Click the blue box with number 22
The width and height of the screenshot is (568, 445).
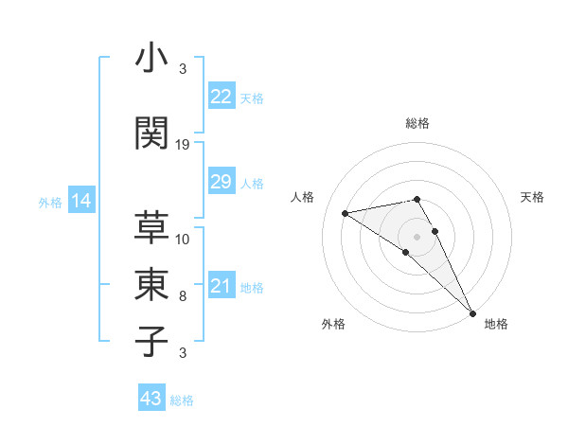pyautogui.click(x=222, y=97)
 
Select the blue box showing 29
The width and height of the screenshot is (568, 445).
pyautogui.click(x=222, y=183)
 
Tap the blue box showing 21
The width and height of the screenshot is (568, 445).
pyautogui.click(x=222, y=287)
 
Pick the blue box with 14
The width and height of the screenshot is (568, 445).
pyautogui.click(x=80, y=201)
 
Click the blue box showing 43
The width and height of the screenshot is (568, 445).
pyautogui.click(x=151, y=399)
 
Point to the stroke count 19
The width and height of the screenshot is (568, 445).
pyautogui.click(x=183, y=145)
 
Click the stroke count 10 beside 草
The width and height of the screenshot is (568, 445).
pyautogui.click(x=183, y=239)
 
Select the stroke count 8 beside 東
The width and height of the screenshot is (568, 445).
pyautogui.click(x=183, y=296)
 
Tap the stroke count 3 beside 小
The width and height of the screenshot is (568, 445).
pyautogui.click(x=183, y=68)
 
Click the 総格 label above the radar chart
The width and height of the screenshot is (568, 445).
pyautogui.click(x=417, y=123)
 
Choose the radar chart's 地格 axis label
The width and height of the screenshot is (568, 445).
pyautogui.click(x=496, y=324)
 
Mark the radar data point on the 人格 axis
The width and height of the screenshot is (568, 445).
pyautogui.click(x=346, y=213)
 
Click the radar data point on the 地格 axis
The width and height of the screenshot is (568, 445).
pyautogui.click(x=472, y=312)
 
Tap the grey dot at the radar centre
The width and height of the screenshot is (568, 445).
pyautogui.click(x=417, y=236)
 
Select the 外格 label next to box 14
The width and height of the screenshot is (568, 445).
pyautogui.click(x=50, y=202)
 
